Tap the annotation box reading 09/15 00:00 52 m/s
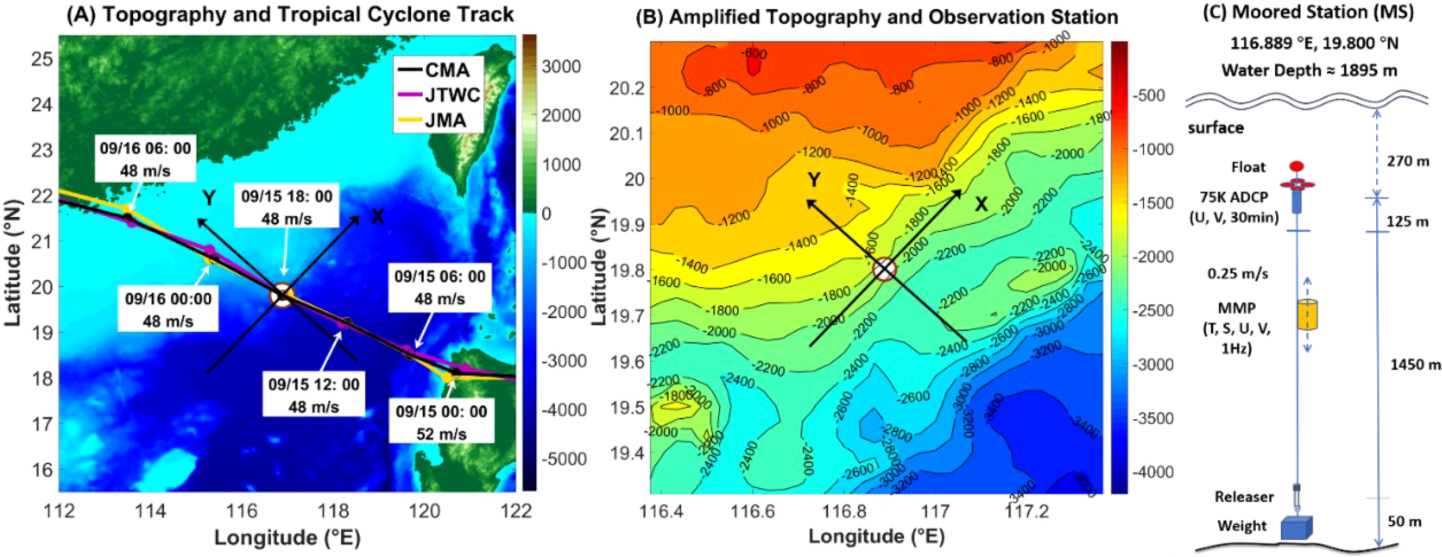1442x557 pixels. click(x=441, y=422)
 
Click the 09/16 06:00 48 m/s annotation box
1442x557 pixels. click(x=145, y=159)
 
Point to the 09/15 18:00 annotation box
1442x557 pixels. click(x=287, y=207)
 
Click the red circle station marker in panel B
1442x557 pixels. click(x=884, y=269)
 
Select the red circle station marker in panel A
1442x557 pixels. click(x=281, y=295)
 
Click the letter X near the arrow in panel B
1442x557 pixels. click(x=981, y=204)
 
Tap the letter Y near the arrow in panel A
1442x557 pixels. click(x=209, y=198)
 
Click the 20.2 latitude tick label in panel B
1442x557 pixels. click(x=627, y=89)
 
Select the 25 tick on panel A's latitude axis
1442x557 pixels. click(x=42, y=59)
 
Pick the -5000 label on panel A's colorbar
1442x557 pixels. click(x=564, y=459)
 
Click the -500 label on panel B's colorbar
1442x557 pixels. click(x=1149, y=95)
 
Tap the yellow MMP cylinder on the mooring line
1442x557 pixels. click(x=1306, y=315)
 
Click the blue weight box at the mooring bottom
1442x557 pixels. click(x=1296, y=528)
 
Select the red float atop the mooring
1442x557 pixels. click(x=1297, y=167)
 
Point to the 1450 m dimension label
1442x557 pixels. click(x=1415, y=364)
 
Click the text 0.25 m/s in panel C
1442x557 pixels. click(x=1238, y=273)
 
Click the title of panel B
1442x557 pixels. click(x=877, y=17)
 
